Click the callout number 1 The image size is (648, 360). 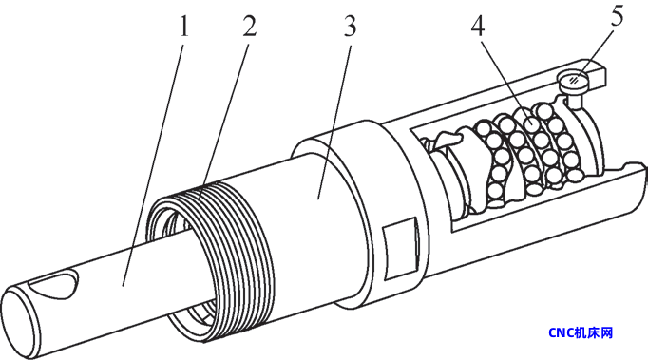pyautogui.click(x=182, y=27)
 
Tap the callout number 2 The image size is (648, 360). pyautogui.click(x=249, y=27)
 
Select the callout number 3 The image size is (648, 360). pyautogui.click(x=350, y=27)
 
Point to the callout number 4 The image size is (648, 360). pyautogui.click(x=477, y=27)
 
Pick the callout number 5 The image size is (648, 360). pyautogui.click(x=617, y=16)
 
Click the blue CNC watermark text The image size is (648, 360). pyautogui.click(x=581, y=332)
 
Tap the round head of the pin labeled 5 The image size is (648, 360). pyautogui.click(x=575, y=79)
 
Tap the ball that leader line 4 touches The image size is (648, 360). pyautogui.click(x=530, y=123)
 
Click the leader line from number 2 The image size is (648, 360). pyautogui.click(x=223, y=120)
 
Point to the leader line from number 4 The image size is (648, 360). pyautogui.click(x=504, y=80)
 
